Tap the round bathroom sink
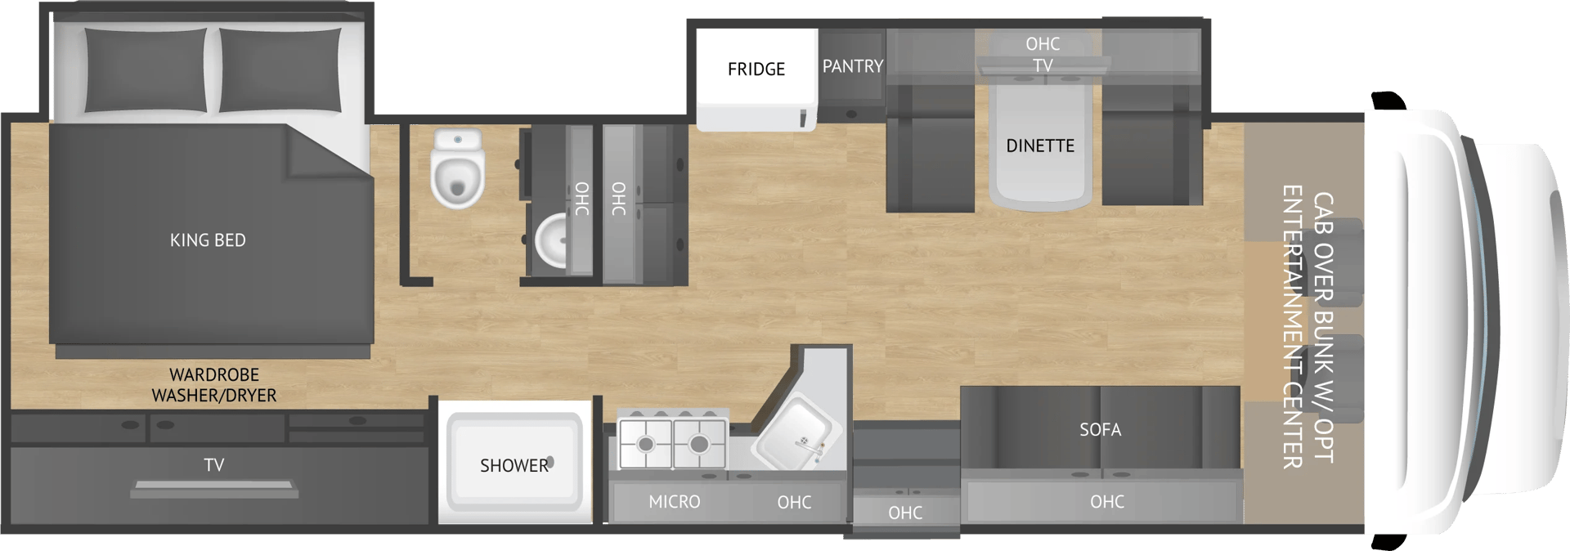[555, 240]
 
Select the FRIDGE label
[756, 69]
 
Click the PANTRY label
[853, 66]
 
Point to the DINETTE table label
[1040, 146]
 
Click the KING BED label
[208, 240]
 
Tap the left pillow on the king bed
[146, 69]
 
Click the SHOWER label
[514, 466]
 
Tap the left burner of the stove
[646, 444]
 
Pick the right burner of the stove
[698, 444]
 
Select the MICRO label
[675, 502]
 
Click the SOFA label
[1100, 430]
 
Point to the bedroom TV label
[214, 465]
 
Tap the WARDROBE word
[214, 375]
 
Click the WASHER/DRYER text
[214, 396]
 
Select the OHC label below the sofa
[1107, 502]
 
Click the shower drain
[550, 463]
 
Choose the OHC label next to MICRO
[794, 503]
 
